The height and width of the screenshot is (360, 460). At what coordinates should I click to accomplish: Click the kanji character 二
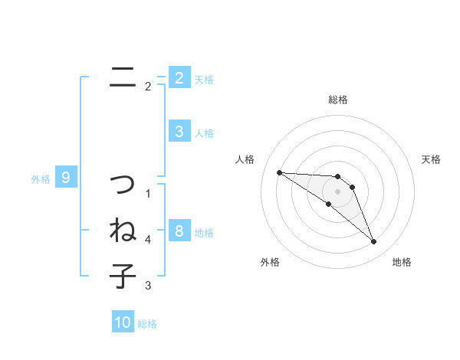click(x=123, y=77)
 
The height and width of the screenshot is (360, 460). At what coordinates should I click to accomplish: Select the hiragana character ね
click(x=123, y=230)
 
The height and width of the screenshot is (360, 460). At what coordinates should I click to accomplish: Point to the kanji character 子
click(x=123, y=275)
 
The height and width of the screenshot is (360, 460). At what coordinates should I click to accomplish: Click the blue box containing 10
click(x=123, y=322)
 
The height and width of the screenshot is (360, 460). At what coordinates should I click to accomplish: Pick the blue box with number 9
click(x=66, y=178)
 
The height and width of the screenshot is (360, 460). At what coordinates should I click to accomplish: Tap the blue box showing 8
click(x=179, y=231)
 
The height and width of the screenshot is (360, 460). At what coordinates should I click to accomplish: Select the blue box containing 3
click(x=179, y=132)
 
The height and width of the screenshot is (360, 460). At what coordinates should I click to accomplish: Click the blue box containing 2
click(x=179, y=77)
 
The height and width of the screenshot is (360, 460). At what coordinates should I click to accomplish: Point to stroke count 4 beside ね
click(x=148, y=240)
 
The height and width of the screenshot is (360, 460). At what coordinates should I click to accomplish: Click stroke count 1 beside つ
click(x=148, y=194)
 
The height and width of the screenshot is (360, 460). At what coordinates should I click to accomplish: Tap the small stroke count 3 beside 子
click(x=148, y=286)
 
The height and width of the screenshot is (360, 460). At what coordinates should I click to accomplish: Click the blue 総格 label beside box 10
click(x=147, y=324)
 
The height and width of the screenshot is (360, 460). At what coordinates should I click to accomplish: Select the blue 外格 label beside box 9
click(x=41, y=179)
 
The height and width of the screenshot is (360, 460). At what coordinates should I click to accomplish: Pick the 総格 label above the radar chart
click(x=338, y=100)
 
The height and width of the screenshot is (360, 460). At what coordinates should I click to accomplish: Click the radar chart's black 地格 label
click(x=402, y=262)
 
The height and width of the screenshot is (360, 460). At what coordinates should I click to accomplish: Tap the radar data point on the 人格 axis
click(x=279, y=172)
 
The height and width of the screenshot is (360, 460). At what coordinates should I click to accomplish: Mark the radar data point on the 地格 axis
click(x=374, y=242)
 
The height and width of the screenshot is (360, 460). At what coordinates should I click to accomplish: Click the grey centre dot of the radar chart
click(x=338, y=191)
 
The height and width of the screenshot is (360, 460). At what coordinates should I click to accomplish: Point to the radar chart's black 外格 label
click(x=270, y=262)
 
